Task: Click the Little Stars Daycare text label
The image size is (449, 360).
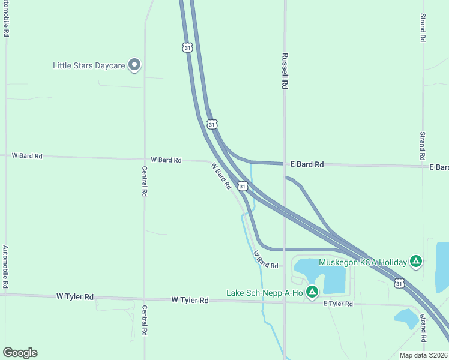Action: click(89, 65)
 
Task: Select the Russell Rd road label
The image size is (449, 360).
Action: click(285, 71)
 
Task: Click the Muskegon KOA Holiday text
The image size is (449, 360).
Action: click(362, 262)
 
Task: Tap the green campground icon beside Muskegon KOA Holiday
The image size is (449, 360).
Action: click(415, 262)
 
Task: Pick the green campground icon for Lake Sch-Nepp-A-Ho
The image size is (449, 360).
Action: click(312, 292)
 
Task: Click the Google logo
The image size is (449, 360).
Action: click(20, 353)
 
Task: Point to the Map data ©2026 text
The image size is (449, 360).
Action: click(424, 355)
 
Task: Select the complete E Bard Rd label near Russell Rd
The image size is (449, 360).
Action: click(307, 164)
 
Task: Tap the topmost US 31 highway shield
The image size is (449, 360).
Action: click(188, 47)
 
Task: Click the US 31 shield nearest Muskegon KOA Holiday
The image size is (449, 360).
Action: click(399, 283)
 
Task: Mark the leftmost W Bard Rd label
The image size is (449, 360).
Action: click(27, 156)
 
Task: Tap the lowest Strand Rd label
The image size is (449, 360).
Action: click(423, 327)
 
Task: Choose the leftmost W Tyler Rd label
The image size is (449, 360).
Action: click(75, 296)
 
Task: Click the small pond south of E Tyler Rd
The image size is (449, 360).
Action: click(406, 318)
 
